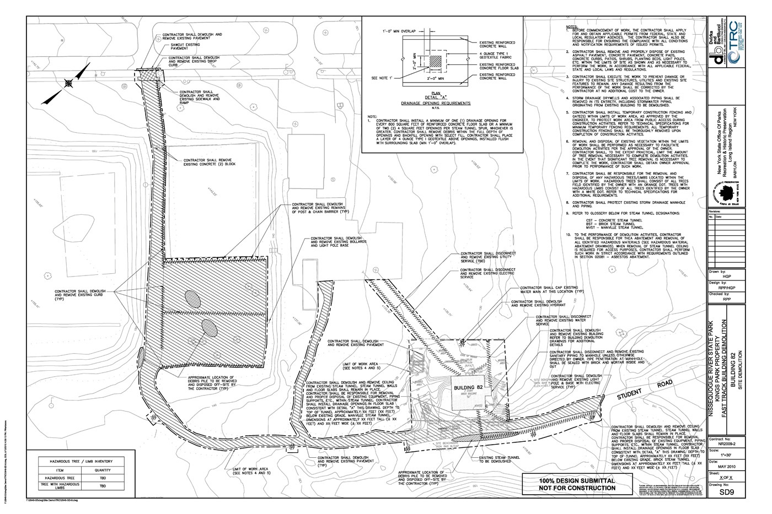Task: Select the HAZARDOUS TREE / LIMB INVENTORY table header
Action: (89, 461)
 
